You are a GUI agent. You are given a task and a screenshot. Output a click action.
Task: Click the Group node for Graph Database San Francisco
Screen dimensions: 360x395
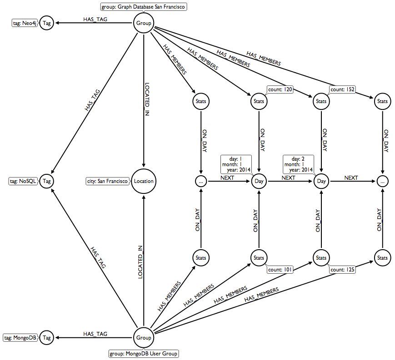pyautogui.click(x=144, y=24)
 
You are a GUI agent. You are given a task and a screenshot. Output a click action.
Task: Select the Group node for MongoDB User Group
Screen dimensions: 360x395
pyautogui.click(x=144, y=338)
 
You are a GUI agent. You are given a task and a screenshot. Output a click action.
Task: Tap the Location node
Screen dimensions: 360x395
pyautogui.click(x=144, y=181)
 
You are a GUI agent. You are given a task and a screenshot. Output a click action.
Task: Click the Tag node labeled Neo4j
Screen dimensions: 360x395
pyautogui.click(x=46, y=24)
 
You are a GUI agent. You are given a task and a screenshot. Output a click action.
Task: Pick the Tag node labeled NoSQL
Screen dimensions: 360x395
pyautogui.click(x=46, y=181)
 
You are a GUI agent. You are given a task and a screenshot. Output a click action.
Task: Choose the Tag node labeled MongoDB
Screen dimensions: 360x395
pyautogui.click(x=46, y=338)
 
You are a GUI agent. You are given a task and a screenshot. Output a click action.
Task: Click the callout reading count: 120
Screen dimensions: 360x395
pyautogui.click(x=280, y=90)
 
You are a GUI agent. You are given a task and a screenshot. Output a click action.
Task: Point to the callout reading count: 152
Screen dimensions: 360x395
pyautogui.click(x=343, y=90)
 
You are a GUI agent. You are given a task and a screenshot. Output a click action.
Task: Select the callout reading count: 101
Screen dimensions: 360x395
pyautogui.click(x=280, y=270)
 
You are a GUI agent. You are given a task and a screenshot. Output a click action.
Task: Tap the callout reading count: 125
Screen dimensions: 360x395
pyautogui.click(x=343, y=270)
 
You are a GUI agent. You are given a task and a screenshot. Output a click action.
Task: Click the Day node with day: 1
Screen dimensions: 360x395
pyautogui.click(x=259, y=181)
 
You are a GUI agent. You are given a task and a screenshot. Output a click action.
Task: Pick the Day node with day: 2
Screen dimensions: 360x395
pyautogui.click(x=321, y=181)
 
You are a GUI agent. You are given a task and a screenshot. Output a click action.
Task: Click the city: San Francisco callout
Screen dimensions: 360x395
pyautogui.click(x=107, y=181)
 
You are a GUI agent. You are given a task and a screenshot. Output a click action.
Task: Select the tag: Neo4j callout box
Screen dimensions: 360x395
pyautogui.click(x=24, y=24)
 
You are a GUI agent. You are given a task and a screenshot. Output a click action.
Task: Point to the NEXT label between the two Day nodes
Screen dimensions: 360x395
pyautogui.click(x=289, y=178)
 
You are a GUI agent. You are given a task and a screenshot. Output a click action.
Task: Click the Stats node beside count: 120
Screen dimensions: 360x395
pyautogui.click(x=259, y=101)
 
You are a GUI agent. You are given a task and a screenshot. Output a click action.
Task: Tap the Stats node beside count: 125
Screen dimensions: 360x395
pyautogui.click(x=321, y=258)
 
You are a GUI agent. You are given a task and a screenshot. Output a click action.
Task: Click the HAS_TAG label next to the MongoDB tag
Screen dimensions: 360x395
pyautogui.click(x=95, y=334)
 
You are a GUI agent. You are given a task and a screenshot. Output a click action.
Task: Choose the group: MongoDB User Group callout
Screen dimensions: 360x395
pyautogui.click(x=144, y=354)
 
